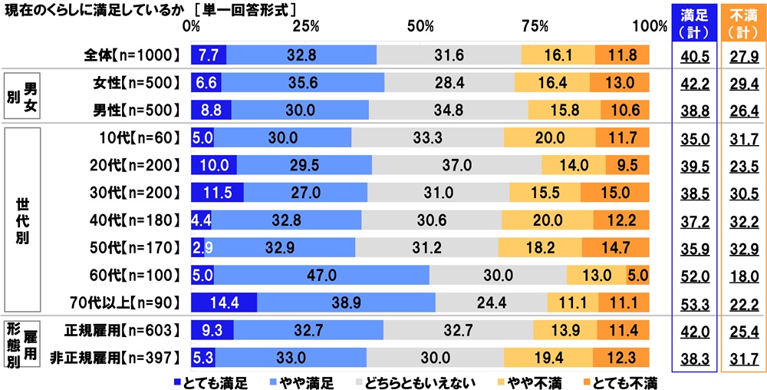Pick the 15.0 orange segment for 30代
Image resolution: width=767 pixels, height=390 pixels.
[x=614, y=192]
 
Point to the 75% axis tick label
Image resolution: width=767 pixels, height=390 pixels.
[x=535, y=25]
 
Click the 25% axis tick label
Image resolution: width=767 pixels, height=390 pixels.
[x=306, y=25]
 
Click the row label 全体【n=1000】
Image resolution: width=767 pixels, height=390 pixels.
[x=133, y=55]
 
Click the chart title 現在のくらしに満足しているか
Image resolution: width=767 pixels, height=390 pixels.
[x=96, y=8]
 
